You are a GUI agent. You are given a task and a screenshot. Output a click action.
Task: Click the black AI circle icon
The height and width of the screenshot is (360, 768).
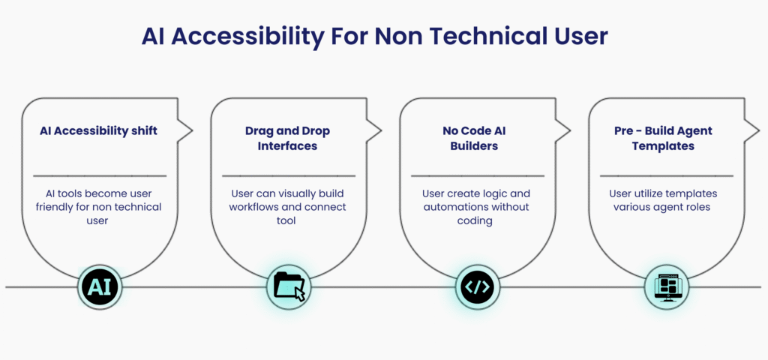[100, 287]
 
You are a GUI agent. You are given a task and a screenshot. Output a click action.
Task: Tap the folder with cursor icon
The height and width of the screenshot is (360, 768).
[289, 287]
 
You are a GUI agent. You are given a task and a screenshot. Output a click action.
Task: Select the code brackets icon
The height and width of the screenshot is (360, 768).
[478, 287]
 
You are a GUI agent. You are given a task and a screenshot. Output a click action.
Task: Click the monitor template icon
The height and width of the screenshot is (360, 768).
[667, 287]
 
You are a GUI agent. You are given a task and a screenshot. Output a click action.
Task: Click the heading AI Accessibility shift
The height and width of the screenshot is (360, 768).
[99, 131]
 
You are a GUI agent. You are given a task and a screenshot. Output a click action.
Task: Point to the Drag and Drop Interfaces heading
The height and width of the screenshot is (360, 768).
[287, 139]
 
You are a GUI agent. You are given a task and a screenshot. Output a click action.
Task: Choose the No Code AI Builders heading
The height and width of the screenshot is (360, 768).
[474, 139]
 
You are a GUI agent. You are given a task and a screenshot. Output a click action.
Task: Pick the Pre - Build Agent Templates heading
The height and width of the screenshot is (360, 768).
[663, 139]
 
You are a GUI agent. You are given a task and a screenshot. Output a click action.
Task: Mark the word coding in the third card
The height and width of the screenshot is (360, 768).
[475, 221]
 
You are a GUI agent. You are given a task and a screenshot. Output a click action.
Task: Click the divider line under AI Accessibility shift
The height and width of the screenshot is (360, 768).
[100, 175]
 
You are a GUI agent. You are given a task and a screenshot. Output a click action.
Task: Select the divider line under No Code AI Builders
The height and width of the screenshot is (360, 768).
[478, 175]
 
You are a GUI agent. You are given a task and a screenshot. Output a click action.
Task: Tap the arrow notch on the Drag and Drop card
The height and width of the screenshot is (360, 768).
[373, 130]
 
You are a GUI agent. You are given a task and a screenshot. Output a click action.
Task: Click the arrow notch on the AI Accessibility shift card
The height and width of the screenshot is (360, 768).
[185, 130]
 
